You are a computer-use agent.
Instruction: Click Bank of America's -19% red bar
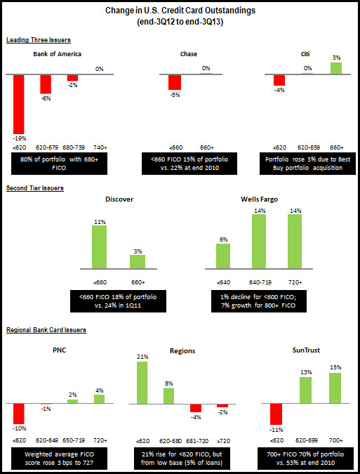click(19, 105)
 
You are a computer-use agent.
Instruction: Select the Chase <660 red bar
click(175, 82)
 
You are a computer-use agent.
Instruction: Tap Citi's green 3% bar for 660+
click(336, 68)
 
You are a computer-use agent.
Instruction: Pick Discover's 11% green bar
click(99, 246)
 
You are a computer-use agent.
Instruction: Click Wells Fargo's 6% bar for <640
click(223, 256)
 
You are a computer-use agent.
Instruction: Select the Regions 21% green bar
click(142, 383)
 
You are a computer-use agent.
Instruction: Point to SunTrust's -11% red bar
click(276, 414)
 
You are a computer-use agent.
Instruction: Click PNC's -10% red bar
click(19, 414)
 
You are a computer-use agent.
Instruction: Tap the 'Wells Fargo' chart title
click(259, 199)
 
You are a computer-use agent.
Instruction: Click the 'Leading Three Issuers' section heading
click(39, 40)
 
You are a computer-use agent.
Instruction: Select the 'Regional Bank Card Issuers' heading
click(46, 330)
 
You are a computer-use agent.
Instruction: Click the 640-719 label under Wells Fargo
click(259, 283)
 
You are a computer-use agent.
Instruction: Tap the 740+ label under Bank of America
click(100, 147)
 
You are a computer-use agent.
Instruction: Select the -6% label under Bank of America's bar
click(46, 98)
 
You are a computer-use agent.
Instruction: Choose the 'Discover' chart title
click(119, 199)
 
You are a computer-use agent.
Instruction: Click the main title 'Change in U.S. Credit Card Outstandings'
click(180, 11)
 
